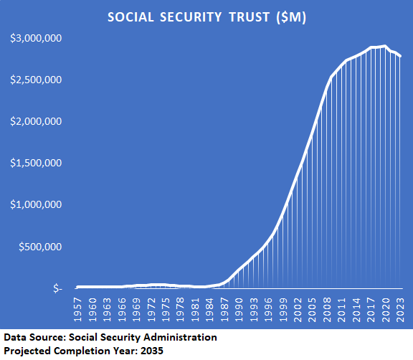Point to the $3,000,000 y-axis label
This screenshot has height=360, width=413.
tap(36, 38)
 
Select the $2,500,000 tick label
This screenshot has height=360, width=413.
tap(36, 80)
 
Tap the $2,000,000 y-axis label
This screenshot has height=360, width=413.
tap(36, 121)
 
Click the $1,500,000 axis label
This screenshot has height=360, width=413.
tap(36, 163)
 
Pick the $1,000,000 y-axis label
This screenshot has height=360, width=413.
tap(36, 204)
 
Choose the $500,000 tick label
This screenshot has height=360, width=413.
tap(41, 247)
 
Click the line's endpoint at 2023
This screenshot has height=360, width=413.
tap(401, 56)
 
